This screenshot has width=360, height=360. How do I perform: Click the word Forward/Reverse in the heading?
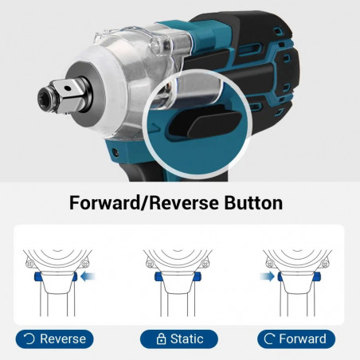coord(144,203)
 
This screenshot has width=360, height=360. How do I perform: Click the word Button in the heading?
coord(253,203)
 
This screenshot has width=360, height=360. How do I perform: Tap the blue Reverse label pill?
coord(54,339)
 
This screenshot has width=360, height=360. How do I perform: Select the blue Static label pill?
coord(179,339)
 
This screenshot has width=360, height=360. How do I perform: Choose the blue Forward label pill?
coord(296,339)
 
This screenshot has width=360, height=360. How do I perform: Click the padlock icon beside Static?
coord(161,339)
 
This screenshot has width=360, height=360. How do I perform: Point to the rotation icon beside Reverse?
coord(29,339)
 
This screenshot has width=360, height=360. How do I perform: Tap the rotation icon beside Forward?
coord(270,338)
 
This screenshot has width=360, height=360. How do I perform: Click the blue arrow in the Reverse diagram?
coord(88,277)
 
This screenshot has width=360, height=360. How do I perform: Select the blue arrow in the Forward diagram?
coord(267,276)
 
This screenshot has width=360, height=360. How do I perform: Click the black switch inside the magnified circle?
coord(205,122)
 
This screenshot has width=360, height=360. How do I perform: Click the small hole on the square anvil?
coord(68,88)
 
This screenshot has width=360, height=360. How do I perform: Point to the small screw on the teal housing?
coord(115,152)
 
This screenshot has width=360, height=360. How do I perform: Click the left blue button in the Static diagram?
coord(158,276)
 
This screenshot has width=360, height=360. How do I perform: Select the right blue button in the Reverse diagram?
coord(74,277)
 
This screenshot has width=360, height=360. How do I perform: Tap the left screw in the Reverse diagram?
coord(29,264)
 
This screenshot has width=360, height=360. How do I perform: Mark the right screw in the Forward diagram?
coord(325,264)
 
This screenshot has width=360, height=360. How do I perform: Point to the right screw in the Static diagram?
coord(205,264)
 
